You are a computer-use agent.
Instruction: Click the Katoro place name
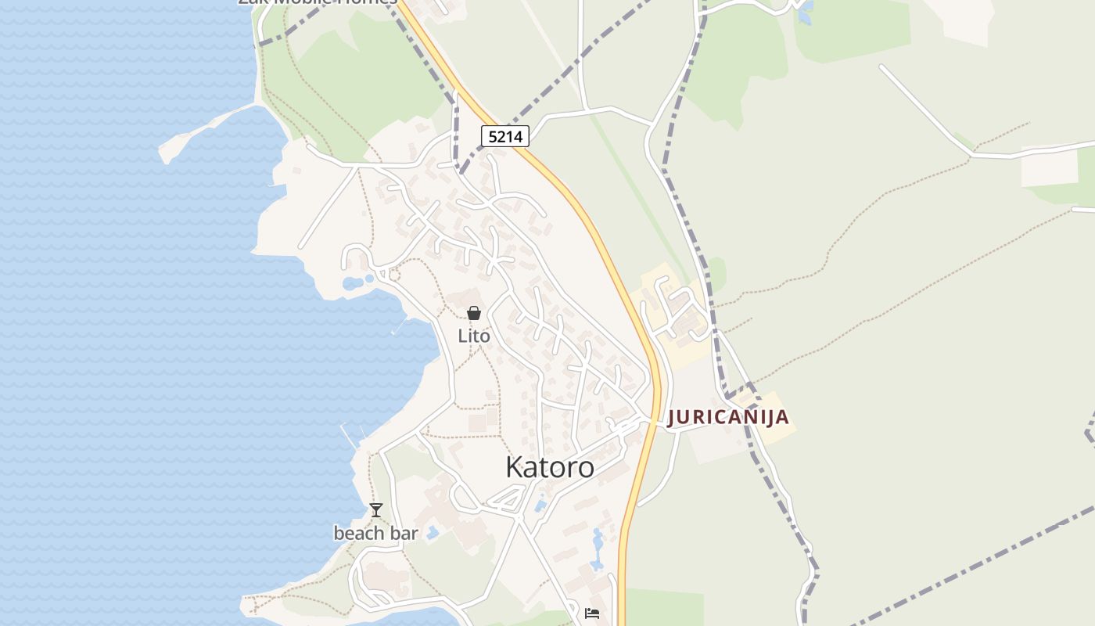tap(549, 467)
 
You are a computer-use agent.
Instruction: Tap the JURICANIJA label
tap(727, 417)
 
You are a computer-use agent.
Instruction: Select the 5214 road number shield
tap(504, 137)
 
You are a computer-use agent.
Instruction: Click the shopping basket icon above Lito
tap(474, 314)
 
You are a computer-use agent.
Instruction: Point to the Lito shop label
tap(474, 336)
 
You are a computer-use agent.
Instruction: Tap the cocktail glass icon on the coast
tap(376, 510)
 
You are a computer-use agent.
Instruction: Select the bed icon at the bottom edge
tap(592, 613)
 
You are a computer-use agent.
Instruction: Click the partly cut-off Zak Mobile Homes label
tap(317, 2)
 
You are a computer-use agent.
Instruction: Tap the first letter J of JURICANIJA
tap(672, 418)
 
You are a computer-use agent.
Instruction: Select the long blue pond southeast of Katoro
tap(598, 548)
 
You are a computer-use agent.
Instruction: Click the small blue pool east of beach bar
tap(433, 532)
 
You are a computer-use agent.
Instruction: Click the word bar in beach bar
tap(404, 534)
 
